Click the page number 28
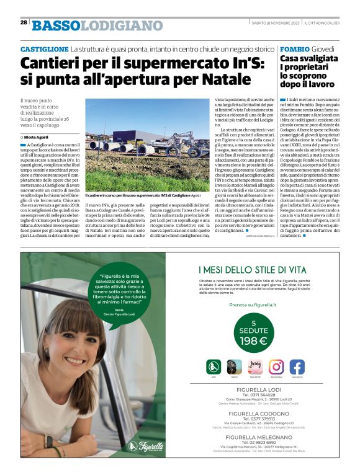click(x=24, y=23)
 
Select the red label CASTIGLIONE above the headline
click(x=43, y=48)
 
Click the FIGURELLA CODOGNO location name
click(x=254, y=412)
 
